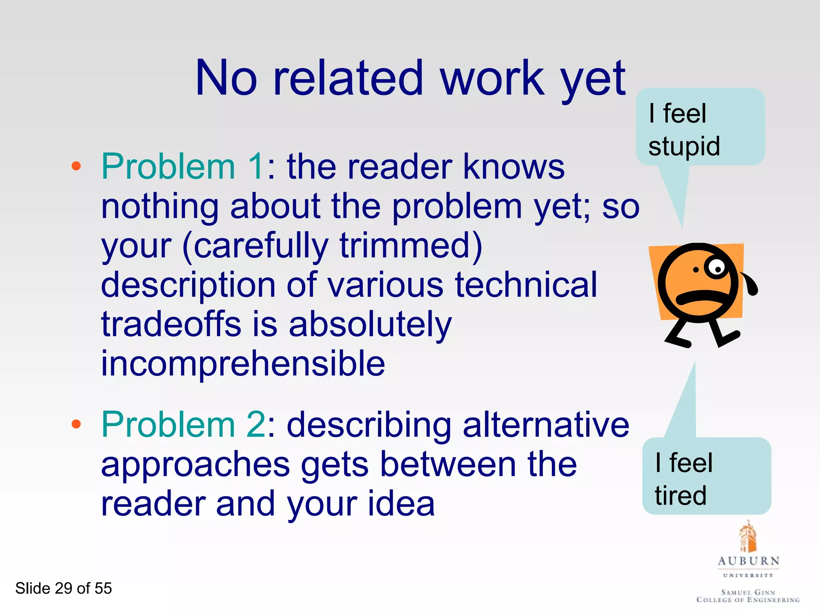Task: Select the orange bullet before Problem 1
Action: [76, 166]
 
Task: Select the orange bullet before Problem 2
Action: [76, 424]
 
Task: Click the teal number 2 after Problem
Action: [256, 424]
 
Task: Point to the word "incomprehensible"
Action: [243, 364]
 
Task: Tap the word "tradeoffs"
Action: [171, 324]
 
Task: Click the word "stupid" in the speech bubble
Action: [684, 147]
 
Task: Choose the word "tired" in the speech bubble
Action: [681, 496]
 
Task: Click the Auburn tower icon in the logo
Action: [748, 537]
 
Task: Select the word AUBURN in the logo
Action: [748, 561]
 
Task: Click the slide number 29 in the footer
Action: [63, 588]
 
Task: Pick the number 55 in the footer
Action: [103, 588]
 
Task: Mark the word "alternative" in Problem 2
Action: [546, 424]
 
